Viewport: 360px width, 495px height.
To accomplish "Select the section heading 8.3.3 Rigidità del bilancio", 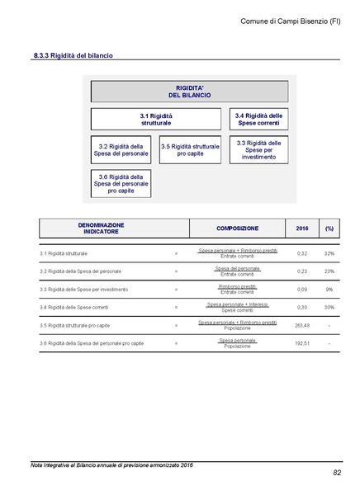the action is tap(73, 56).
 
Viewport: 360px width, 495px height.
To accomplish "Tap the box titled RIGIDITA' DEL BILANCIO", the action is tap(189, 91).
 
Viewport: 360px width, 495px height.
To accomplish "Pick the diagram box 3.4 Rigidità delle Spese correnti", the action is tap(258, 119).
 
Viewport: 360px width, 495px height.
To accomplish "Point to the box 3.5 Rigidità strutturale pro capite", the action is tap(190, 150).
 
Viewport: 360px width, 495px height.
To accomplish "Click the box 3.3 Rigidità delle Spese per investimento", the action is tap(258, 149).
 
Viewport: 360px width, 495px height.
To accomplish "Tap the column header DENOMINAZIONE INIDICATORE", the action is tap(101, 228).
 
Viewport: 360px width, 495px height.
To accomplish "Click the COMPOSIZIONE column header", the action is tap(237, 228).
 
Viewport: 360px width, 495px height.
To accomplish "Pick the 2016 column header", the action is tap(301, 228).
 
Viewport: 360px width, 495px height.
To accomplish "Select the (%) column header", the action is tap(329, 228).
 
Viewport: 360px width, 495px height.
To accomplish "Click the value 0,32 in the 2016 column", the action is tap(301, 253).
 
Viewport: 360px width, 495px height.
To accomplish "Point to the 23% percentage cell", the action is tap(329, 271).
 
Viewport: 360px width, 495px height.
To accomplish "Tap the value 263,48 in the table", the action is tap(301, 325).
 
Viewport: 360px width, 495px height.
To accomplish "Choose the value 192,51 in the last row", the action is tap(301, 342).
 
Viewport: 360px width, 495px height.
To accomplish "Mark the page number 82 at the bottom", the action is tap(337, 473).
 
